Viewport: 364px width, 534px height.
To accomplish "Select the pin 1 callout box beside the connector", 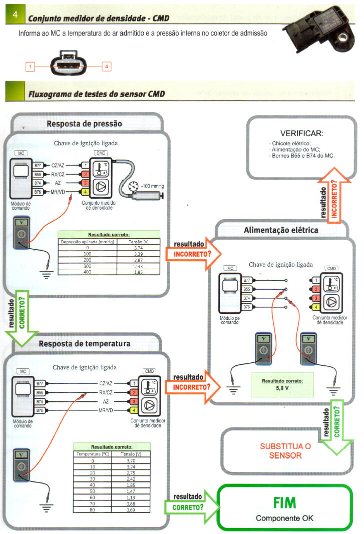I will coord(31,66).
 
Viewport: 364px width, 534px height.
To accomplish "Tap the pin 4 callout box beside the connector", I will coord(106,66).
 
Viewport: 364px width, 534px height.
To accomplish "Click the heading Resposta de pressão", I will coord(84,124).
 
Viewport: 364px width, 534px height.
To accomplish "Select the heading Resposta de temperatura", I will coord(85,343).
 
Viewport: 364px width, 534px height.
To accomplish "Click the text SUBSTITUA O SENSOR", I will coord(285,450).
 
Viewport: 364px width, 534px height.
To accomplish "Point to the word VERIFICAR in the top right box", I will coord(301,134).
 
